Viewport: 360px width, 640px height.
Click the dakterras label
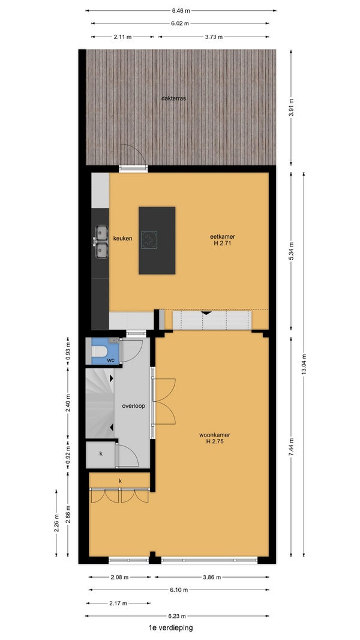tap(174, 98)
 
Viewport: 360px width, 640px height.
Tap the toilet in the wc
tap(99, 351)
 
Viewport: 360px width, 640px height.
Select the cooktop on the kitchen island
tap(149, 239)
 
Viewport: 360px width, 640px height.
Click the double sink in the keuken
tap(101, 242)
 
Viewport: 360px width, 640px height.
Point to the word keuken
tap(122, 238)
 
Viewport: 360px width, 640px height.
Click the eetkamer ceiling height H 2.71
tap(223, 244)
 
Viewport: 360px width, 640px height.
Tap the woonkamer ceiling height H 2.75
tap(215, 441)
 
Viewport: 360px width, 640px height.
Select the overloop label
tap(133, 405)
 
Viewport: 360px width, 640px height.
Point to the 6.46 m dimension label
tap(181, 10)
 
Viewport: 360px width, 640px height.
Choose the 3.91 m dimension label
tap(291, 107)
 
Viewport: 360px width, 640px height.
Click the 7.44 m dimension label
tap(291, 447)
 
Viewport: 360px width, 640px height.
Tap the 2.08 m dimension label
tap(120, 577)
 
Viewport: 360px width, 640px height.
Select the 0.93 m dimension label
tap(68, 351)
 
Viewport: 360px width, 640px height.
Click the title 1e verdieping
tap(171, 628)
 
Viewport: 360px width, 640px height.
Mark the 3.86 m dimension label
tap(212, 577)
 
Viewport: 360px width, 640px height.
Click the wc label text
tap(110, 360)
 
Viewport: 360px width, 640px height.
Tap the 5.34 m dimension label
tap(291, 251)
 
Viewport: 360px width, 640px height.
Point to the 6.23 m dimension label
tap(177, 616)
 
